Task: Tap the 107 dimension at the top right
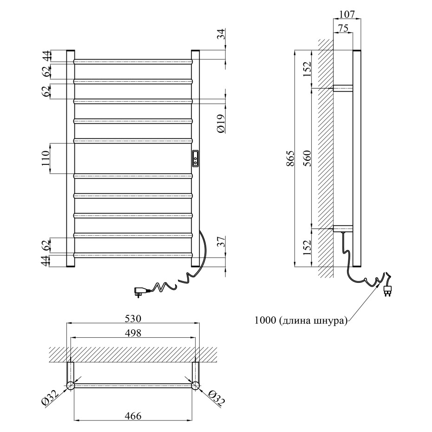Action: click(x=347, y=14)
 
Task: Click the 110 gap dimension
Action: click(x=46, y=158)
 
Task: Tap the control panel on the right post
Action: click(x=195, y=158)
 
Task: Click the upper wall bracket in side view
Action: click(x=343, y=88)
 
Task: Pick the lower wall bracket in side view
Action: click(x=343, y=229)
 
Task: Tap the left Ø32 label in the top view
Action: click(x=49, y=399)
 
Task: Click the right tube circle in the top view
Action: click(x=195, y=385)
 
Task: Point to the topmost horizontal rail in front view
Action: click(x=133, y=61)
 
